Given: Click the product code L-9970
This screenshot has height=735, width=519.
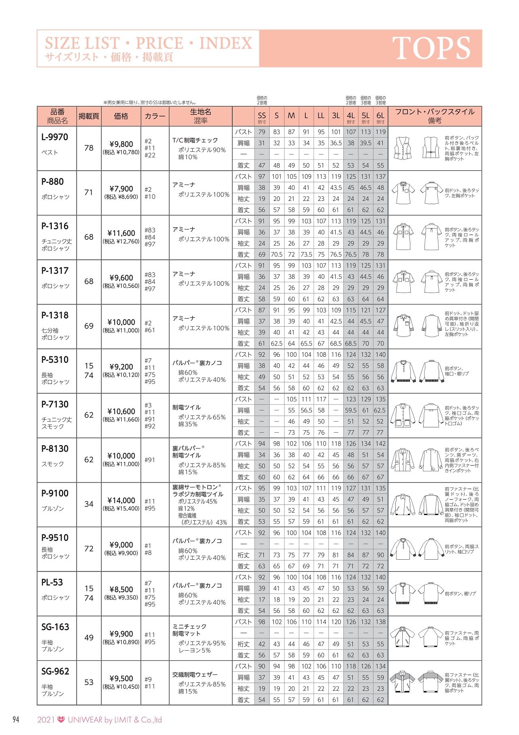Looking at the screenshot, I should (x=55, y=137).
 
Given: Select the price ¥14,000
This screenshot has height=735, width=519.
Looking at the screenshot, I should (x=121, y=500).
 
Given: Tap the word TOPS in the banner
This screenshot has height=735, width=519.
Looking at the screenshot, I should (x=431, y=48).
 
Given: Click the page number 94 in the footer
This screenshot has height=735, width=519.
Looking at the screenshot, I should (x=16, y=720).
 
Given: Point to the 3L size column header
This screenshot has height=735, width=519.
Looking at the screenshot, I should (x=336, y=116).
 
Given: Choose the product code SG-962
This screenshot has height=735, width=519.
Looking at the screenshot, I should (x=55, y=671).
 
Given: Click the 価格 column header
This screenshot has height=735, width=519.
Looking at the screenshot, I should (x=121, y=116).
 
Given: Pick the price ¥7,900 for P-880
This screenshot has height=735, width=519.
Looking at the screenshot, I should (x=121, y=189).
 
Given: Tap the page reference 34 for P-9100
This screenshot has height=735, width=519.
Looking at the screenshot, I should (x=89, y=504).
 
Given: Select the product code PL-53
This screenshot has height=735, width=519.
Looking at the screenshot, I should (x=52, y=582).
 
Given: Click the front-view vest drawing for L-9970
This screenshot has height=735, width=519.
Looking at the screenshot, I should (x=403, y=148).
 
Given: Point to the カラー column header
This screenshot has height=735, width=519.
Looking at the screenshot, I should (x=155, y=116).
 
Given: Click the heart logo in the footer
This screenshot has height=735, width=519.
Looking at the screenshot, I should (x=61, y=720).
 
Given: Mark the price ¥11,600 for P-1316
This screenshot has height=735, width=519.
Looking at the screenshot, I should (x=121, y=233).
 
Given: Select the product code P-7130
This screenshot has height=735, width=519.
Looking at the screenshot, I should (x=55, y=404).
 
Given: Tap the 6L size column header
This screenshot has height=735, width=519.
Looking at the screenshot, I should (x=380, y=116).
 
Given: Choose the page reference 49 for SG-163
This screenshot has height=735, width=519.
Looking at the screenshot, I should (x=89, y=638).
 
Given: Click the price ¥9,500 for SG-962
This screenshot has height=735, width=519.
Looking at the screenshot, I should (x=121, y=678).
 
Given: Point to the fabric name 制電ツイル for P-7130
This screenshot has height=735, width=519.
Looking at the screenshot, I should (x=187, y=407).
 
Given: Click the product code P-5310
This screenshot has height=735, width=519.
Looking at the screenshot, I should (x=55, y=360).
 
